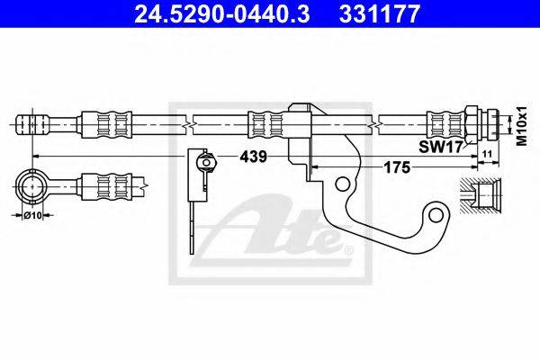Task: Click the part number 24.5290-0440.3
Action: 221,13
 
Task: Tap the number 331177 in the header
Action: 380,13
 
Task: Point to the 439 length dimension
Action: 254,157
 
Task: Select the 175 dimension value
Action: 397,167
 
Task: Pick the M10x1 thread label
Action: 523,126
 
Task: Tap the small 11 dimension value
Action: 488,154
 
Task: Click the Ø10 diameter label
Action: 32,216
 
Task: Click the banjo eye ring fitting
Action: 31,186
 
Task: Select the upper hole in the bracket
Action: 341,184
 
